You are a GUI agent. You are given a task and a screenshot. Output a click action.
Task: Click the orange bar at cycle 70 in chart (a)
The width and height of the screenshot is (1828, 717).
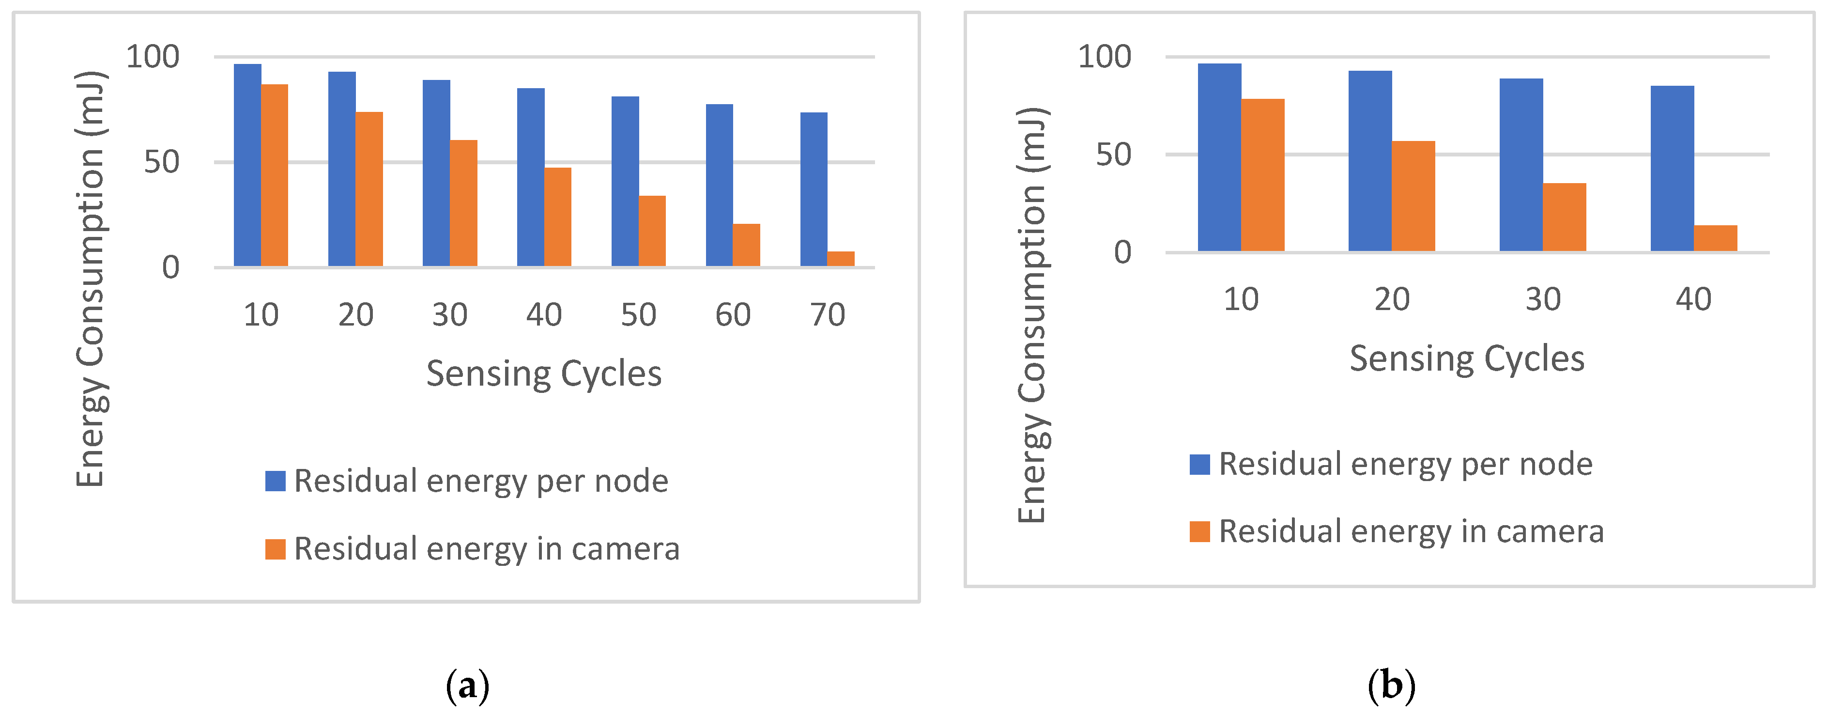coord(841,259)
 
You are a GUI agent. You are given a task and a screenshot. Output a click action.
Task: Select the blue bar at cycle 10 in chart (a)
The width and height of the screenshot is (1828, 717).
coord(247,165)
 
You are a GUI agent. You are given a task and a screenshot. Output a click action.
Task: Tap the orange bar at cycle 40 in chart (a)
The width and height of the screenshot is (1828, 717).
coord(558,217)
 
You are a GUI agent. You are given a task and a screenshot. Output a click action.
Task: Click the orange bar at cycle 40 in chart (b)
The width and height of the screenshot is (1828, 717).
coord(1715,238)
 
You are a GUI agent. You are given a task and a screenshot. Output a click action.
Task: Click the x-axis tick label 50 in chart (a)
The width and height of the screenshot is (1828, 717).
coord(638,314)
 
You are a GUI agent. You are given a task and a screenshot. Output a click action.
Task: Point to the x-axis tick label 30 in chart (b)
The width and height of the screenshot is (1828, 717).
coord(1543,299)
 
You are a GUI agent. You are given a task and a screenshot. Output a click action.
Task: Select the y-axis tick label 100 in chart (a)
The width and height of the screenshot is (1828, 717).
coord(153,57)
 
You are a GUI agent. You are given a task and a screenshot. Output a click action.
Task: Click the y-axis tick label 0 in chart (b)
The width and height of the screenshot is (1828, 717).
coord(1122,252)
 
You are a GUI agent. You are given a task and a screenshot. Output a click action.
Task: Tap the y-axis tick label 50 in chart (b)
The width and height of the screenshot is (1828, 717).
coord(1113,155)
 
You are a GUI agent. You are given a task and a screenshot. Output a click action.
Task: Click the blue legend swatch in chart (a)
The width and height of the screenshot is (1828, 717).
coord(276,481)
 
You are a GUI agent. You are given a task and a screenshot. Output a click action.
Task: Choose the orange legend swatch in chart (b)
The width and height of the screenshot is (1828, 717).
coord(1199,531)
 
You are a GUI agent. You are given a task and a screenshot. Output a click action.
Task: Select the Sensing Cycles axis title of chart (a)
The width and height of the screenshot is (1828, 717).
coord(544,374)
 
